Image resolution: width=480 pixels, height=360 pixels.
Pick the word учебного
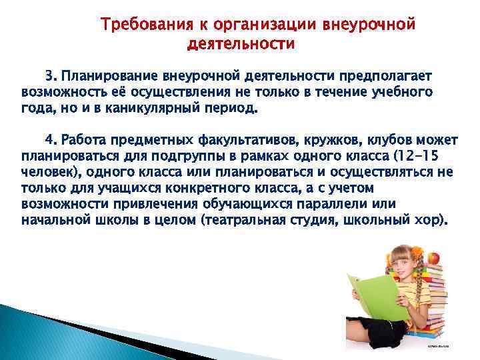coord(399,92)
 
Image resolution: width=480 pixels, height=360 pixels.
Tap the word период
coord(234,107)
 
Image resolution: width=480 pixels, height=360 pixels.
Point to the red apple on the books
coord(433,257)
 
